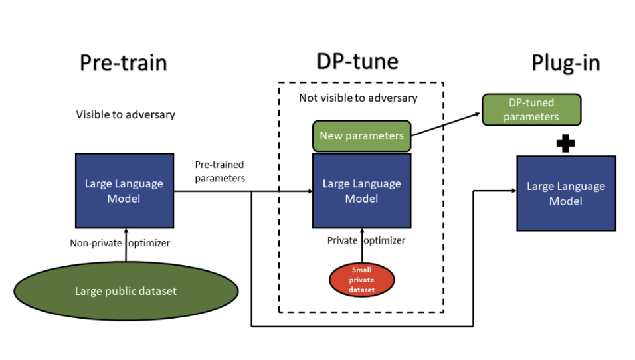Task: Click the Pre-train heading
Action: click(x=123, y=63)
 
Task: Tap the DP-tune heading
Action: click(x=357, y=62)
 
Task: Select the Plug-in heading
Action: click(x=565, y=63)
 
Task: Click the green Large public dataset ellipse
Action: click(x=126, y=291)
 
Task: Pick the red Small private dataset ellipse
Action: click(x=361, y=280)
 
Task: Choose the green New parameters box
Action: click(x=361, y=135)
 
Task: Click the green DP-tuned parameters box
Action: click(x=531, y=110)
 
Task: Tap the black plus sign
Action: click(x=565, y=144)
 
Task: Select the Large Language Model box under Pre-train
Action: click(x=124, y=191)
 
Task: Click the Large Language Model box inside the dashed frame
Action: click(x=361, y=191)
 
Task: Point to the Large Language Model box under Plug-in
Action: click(x=565, y=193)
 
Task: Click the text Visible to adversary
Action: click(x=126, y=114)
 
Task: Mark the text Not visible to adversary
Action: click(x=358, y=98)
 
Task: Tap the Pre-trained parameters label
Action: click(x=219, y=171)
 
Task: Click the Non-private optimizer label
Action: click(x=120, y=243)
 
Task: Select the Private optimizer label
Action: click(x=365, y=240)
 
